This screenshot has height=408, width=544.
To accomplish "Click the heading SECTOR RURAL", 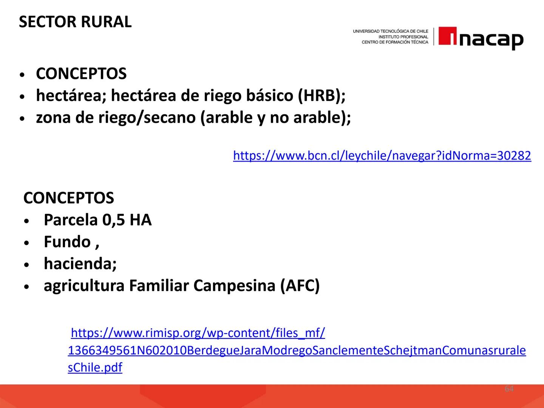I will (75, 22).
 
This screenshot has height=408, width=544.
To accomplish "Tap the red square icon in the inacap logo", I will (448, 36).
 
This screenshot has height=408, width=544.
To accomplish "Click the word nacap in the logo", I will (491, 39).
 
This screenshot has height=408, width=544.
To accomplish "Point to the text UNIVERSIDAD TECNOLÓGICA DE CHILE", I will (390, 31).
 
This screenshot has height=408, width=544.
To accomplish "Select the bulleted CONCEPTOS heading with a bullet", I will (81, 74).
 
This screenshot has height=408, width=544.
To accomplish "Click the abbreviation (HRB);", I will (321, 96).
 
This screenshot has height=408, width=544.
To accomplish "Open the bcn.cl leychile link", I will (382, 155).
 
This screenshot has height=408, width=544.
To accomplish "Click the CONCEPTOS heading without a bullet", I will (68, 198).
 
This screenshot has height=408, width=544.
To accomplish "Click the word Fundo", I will (67, 242).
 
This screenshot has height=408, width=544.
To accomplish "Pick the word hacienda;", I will (80, 264).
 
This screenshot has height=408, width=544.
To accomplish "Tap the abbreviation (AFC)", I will (300, 286).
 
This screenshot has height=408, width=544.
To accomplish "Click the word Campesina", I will (234, 286).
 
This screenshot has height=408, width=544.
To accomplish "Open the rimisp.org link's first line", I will (198, 333).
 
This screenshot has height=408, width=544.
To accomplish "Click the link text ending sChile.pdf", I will (95, 368).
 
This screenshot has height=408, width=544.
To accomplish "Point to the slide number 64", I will (509, 389).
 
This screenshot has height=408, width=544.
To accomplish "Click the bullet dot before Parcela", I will (26, 221).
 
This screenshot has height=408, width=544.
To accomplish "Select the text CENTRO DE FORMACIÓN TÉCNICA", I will (395, 42).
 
